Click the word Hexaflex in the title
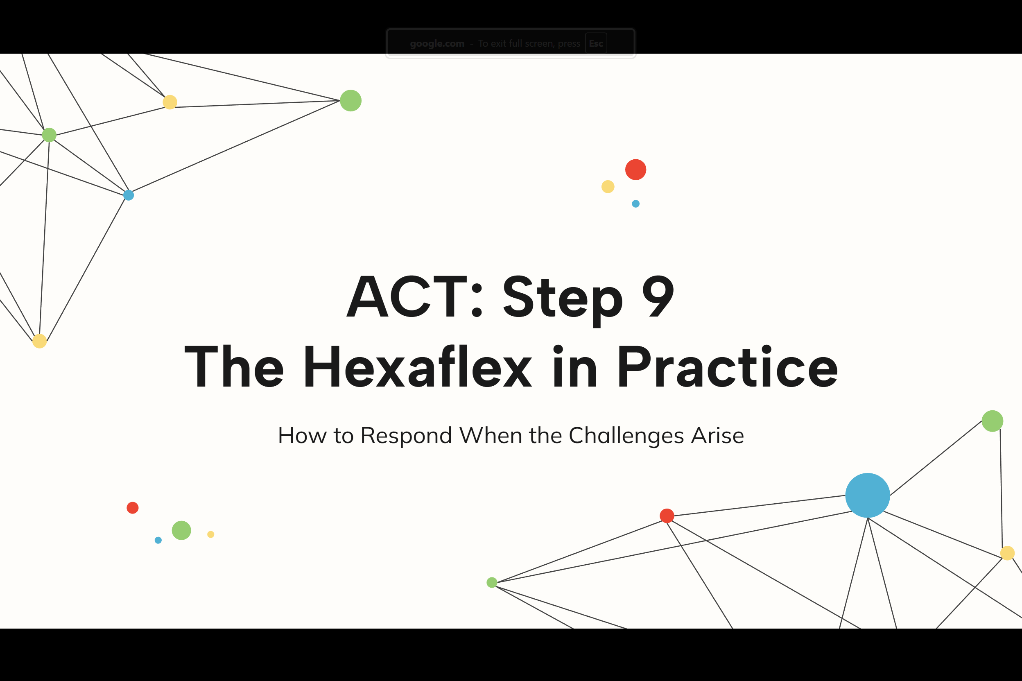(417, 366)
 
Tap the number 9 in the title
(658, 296)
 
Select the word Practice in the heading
(727, 366)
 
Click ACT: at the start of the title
(415, 296)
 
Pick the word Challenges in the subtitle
(626, 436)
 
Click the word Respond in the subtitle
(406, 436)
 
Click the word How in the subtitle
(302, 435)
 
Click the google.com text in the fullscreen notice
(437, 43)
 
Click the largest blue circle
(868, 495)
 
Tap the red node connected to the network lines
(667, 516)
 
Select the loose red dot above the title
(635, 170)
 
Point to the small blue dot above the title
(635, 204)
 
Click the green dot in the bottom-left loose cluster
(181, 530)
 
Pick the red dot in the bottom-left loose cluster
(132, 508)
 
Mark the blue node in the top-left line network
(129, 195)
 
